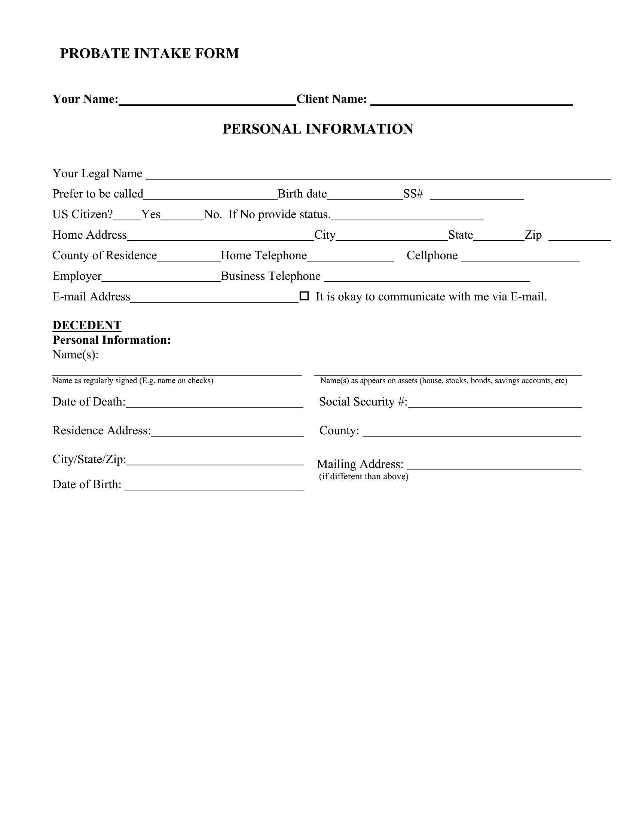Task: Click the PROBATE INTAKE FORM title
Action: [149, 53]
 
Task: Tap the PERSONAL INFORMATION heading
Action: [318, 129]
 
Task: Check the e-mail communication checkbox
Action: [304, 296]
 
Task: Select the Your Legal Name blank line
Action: [378, 175]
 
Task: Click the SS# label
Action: [413, 194]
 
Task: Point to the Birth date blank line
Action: [365, 196]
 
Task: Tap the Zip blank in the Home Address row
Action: [579, 237]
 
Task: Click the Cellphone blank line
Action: [520, 258]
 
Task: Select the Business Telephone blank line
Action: [426, 278]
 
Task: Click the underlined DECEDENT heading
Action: [87, 325]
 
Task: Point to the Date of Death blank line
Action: [214, 404]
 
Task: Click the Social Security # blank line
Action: [494, 404]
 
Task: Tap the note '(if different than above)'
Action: [364, 476]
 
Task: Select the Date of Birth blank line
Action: [214, 486]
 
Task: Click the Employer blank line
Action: [161, 278]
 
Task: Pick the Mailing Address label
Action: [360, 464]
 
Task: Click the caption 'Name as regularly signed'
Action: [133, 380]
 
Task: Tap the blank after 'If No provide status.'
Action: [407, 217]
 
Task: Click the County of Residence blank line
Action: [189, 258]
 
